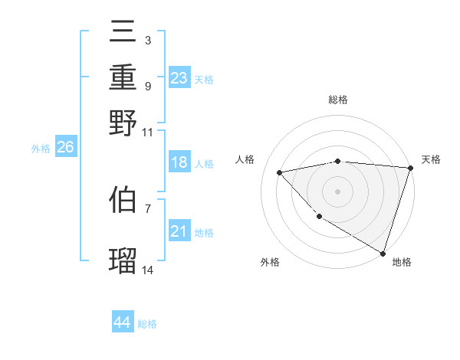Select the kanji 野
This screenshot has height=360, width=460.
pos(123,123)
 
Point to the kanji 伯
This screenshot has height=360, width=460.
pos(123,200)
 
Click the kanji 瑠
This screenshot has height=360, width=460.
pos(123,261)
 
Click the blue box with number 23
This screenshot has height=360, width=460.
pos(179,78)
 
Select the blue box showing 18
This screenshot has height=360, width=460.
pos(179,162)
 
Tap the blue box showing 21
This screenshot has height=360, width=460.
pos(179,232)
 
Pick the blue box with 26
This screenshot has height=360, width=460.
pos(65,148)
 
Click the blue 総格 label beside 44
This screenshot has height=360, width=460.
pos(147,324)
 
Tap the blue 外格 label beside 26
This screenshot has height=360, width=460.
pos(41,149)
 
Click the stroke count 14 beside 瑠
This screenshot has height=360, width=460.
pos(148,270)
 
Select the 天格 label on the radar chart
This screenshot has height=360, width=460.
pos(431,159)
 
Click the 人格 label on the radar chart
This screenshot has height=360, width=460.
pos(245,159)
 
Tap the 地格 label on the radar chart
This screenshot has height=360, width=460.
pos(402,262)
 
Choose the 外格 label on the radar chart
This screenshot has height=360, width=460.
pos(270,262)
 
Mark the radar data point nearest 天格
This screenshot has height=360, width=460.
pos(410,168)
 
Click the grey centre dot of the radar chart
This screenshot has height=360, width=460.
pos(337,191)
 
